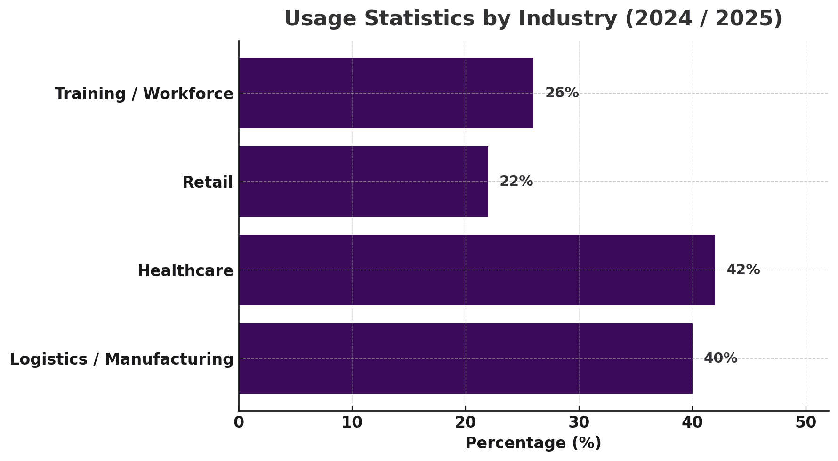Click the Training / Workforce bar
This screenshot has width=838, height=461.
tap(386, 93)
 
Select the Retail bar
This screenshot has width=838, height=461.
tap(363, 182)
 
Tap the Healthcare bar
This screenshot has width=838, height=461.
tap(477, 270)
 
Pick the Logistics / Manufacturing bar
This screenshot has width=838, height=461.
tap(466, 358)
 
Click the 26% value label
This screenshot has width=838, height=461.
tap(562, 93)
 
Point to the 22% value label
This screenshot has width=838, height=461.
tap(516, 182)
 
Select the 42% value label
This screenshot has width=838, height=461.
tap(743, 270)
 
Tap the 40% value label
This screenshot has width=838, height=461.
tap(720, 358)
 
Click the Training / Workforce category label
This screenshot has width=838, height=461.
tap(144, 94)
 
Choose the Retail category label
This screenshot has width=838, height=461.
tap(208, 183)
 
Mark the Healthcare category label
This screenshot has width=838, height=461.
tap(185, 271)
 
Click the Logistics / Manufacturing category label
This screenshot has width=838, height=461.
tap(121, 359)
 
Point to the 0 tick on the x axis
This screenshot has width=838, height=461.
tap(239, 422)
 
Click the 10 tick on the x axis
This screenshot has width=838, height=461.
tap(352, 422)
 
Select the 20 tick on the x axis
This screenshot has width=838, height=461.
tap(466, 422)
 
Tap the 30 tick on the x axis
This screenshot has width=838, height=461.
tap(579, 422)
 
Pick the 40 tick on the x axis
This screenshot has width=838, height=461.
tap(693, 422)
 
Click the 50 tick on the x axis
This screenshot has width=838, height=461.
tap(806, 422)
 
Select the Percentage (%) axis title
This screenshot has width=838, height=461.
tap(533, 443)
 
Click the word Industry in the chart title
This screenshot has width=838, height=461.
tap(567, 19)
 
